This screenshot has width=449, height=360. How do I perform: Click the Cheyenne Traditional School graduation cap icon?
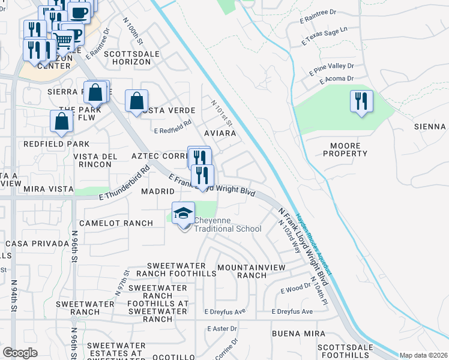(x=183, y=213)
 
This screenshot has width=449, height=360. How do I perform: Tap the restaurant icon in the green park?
(x=361, y=101)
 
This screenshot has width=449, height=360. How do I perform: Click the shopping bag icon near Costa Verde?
(x=137, y=101)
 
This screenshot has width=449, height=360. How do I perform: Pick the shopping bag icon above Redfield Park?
(x=62, y=121)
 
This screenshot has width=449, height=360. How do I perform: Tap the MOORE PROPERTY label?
(x=345, y=149)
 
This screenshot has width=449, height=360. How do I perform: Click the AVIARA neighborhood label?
(x=220, y=133)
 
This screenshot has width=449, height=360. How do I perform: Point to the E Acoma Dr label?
(x=336, y=79)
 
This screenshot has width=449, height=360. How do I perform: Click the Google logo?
(x=20, y=353)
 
